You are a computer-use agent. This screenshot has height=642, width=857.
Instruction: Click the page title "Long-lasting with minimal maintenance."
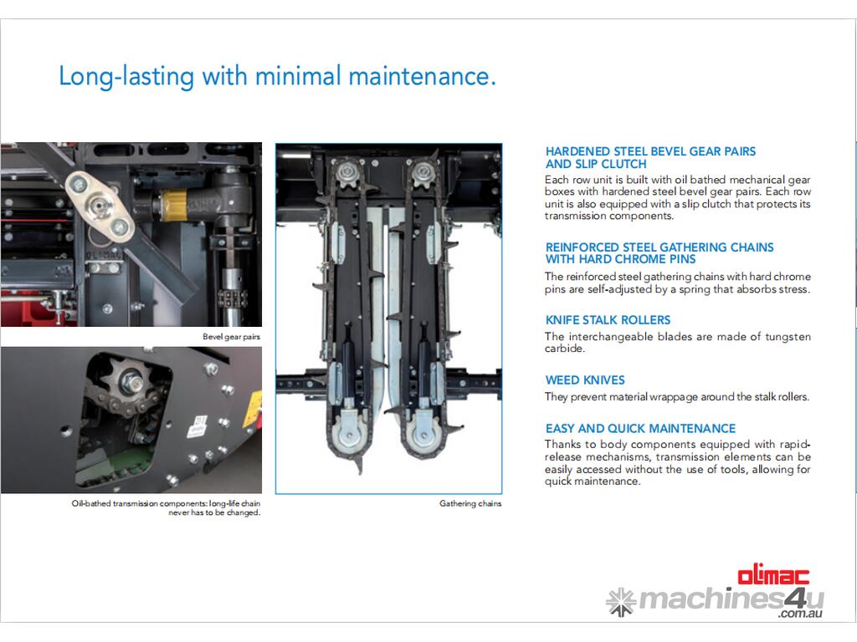click(277, 76)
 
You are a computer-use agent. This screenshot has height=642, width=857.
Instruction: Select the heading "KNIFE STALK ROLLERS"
click(608, 320)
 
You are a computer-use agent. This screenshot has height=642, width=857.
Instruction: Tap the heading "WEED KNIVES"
click(585, 380)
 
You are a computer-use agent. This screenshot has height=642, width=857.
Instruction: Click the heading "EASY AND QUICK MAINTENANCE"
click(640, 429)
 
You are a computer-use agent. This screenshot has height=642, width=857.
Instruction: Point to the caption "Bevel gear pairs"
click(231, 337)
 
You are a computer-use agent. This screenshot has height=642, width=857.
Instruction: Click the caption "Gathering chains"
click(470, 503)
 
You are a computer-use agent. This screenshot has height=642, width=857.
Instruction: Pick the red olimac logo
click(773, 576)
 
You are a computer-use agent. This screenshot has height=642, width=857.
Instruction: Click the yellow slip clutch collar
click(174, 206)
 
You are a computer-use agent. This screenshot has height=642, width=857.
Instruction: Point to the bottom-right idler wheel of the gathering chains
click(423, 435)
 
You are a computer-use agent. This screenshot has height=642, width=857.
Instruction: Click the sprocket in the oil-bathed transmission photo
click(130, 379)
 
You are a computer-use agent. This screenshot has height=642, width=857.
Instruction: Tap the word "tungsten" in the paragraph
click(788, 337)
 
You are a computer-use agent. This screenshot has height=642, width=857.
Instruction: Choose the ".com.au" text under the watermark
click(801, 614)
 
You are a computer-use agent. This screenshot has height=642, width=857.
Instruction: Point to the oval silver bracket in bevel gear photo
click(99, 206)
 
